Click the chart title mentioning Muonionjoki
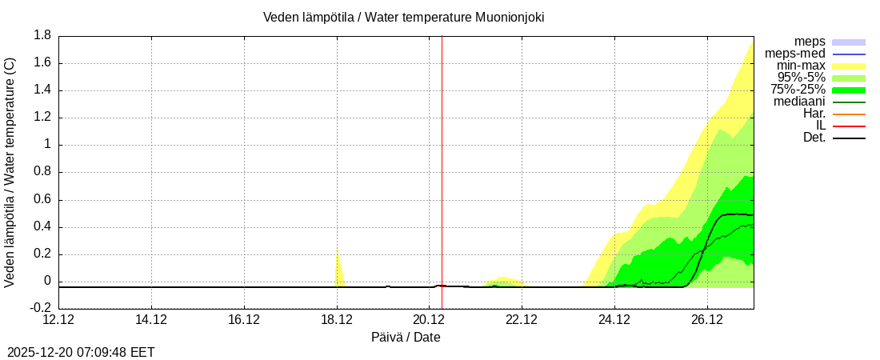click(x=403, y=17)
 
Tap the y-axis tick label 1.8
click(x=42, y=35)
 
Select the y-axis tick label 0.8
click(x=42, y=172)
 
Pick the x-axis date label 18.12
click(x=337, y=320)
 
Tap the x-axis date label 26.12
click(x=707, y=320)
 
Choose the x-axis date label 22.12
click(x=522, y=320)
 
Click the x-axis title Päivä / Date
click(x=406, y=337)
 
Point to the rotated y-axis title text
click(x=10, y=172)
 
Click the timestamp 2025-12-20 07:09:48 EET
click(x=81, y=352)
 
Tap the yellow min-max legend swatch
click(x=849, y=66)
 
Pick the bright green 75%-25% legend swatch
click(x=849, y=90)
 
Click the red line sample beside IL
click(x=849, y=126)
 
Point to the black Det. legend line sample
click(x=849, y=138)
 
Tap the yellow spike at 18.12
click(x=338, y=268)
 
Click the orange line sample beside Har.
click(x=849, y=114)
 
